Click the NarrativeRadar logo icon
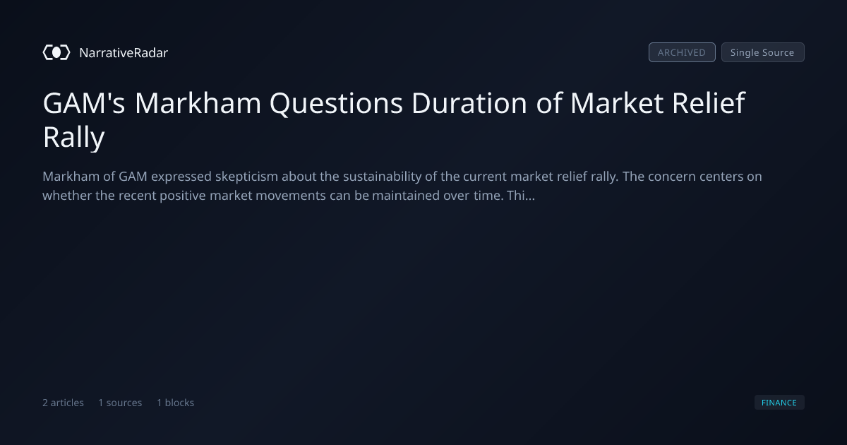click(x=56, y=52)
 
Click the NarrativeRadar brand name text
click(x=124, y=52)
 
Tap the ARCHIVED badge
click(x=682, y=52)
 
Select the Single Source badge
click(x=763, y=52)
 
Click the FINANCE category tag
click(x=779, y=402)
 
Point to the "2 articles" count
click(x=63, y=403)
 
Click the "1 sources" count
click(x=120, y=403)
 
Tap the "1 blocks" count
click(x=176, y=403)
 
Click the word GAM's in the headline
click(x=84, y=103)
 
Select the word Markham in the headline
click(x=198, y=103)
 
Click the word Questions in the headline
click(x=336, y=103)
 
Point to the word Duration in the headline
click(x=469, y=103)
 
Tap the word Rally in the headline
click(x=73, y=138)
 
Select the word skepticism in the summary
click(x=246, y=177)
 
